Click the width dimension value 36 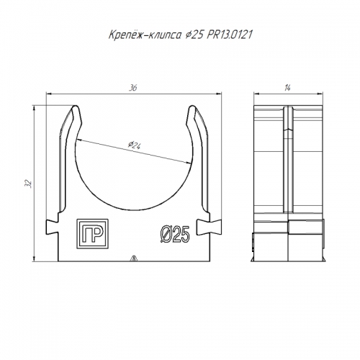(132, 88)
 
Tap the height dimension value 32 (30, 184)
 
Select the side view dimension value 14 (287, 88)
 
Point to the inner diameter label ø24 (135, 145)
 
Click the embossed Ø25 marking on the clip (175, 234)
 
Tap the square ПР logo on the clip (92, 234)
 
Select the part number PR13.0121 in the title (230, 35)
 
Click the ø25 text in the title (194, 35)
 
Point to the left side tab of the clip (52, 227)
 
